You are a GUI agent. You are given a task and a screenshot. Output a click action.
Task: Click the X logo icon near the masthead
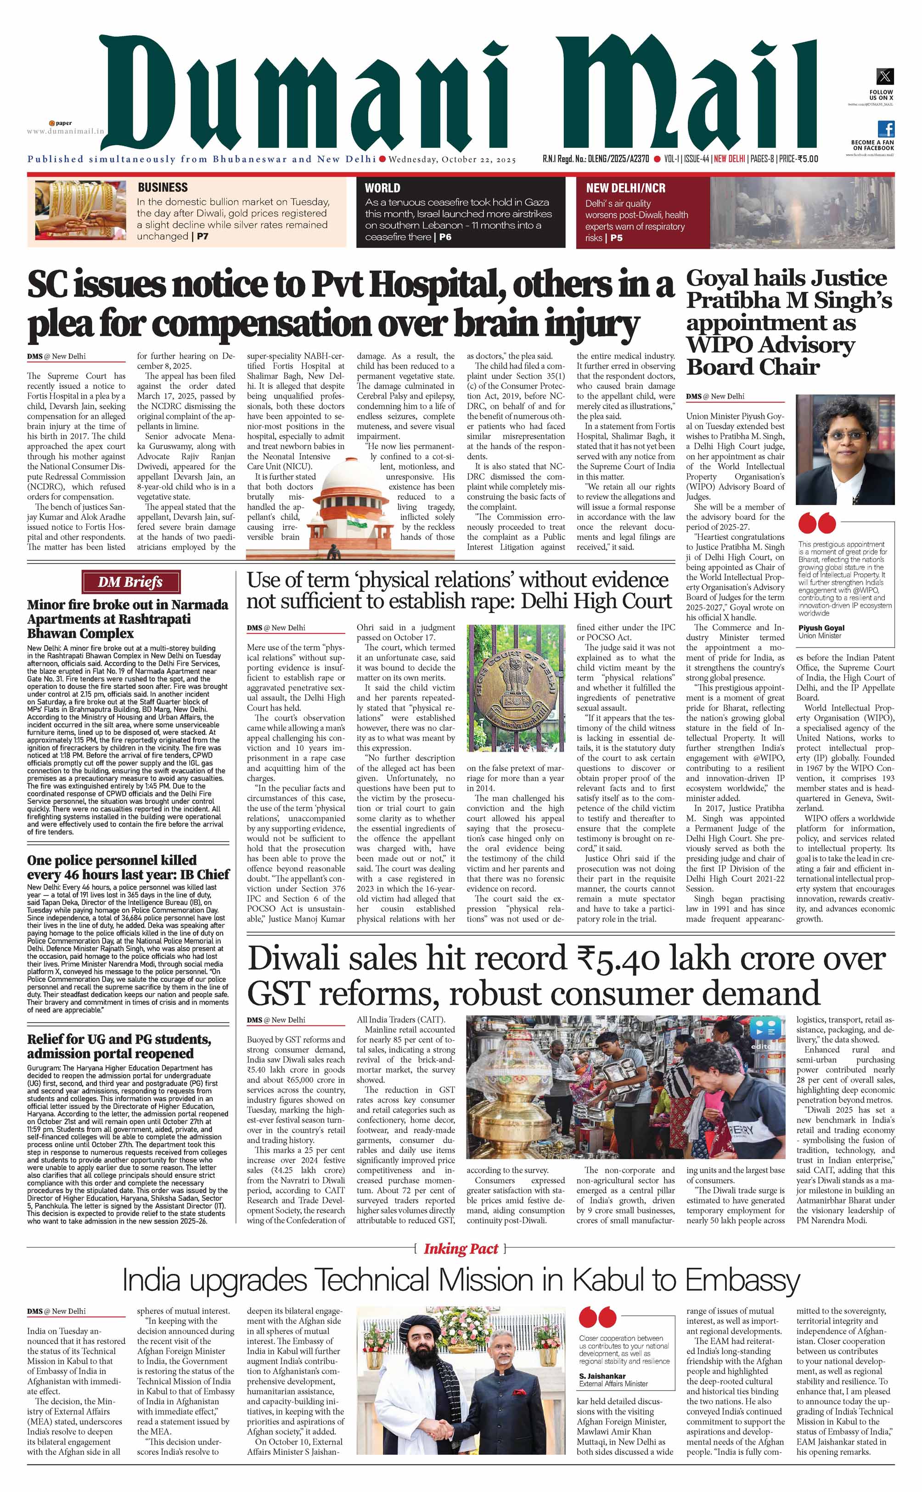[x=885, y=76]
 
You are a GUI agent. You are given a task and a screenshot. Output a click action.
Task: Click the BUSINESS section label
[x=162, y=187]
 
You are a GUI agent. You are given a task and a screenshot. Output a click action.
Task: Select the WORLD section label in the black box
[x=382, y=188]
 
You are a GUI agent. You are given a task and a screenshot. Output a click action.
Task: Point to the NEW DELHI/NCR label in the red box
[x=626, y=188]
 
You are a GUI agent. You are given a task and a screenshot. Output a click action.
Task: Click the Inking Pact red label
[x=461, y=1248]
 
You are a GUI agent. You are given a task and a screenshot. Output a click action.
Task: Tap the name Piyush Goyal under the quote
[x=821, y=627]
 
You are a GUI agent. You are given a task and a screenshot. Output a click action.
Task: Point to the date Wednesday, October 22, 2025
[x=452, y=160]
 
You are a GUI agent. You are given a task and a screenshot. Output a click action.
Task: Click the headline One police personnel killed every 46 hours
[x=128, y=867]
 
